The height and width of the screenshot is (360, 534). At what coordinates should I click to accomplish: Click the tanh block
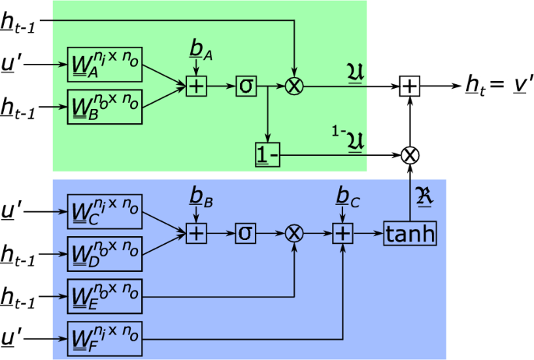click(409, 232)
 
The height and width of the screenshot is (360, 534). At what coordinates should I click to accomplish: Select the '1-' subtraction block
click(268, 154)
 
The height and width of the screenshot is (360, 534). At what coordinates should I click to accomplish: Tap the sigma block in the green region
click(246, 83)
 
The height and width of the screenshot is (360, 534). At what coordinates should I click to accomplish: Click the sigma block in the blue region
click(246, 232)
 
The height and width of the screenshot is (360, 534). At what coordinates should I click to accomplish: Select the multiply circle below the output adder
click(409, 154)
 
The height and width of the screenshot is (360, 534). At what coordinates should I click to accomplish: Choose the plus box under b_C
click(342, 232)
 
